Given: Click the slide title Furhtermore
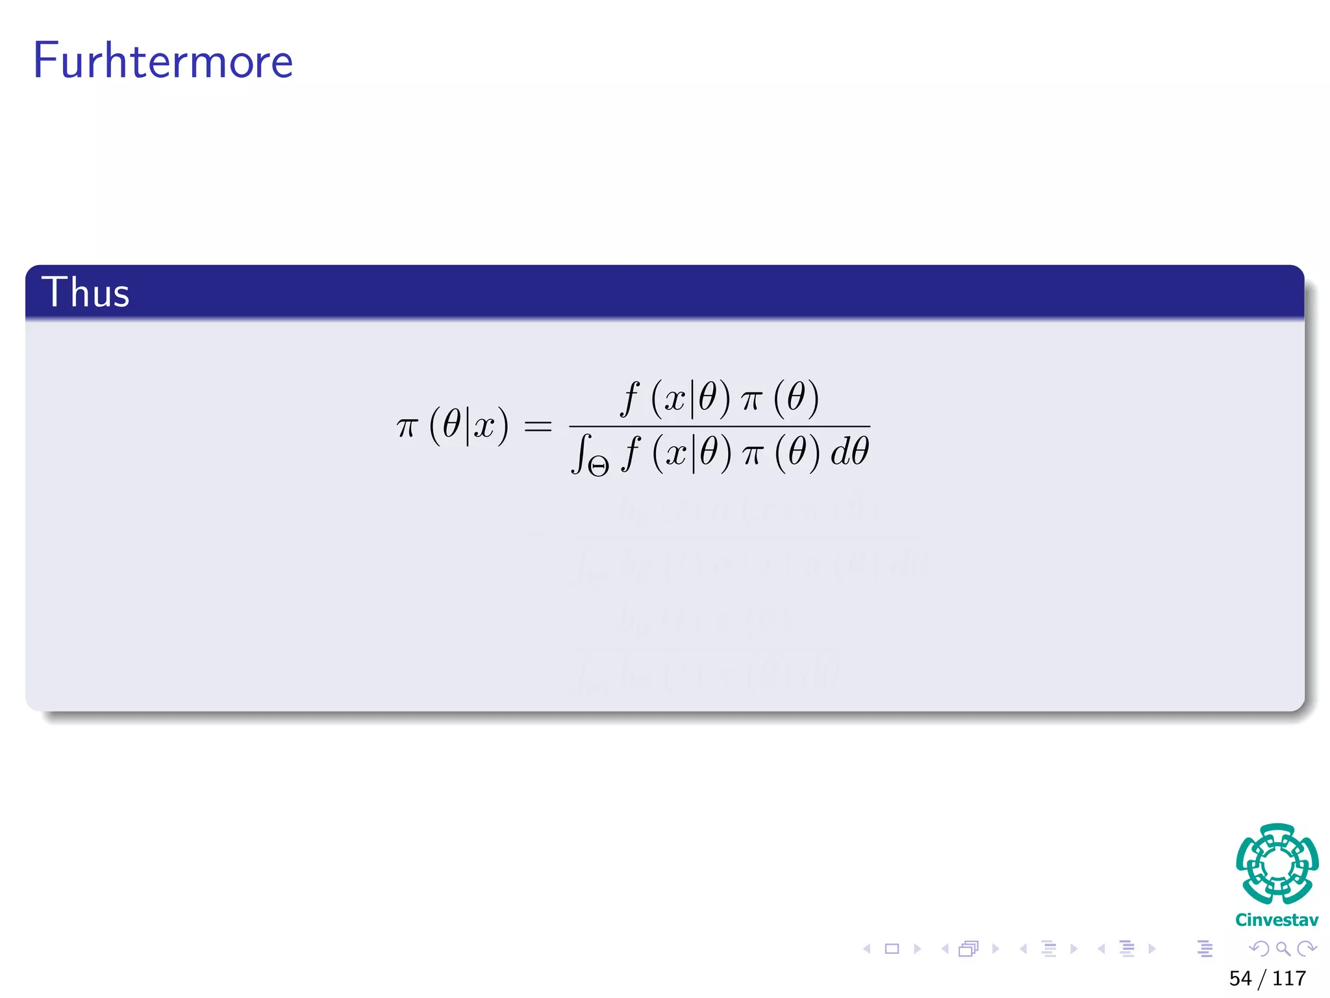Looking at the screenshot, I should click(x=163, y=60).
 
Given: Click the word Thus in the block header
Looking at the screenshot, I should click(x=86, y=292).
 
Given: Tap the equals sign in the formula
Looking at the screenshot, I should click(x=538, y=427).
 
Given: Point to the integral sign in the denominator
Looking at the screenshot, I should click(x=580, y=453).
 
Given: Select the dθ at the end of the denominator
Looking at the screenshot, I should click(x=849, y=452).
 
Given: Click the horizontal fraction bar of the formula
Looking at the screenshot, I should click(x=719, y=427).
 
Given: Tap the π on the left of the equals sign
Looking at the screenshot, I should click(x=407, y=427).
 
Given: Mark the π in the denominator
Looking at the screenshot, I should click(x=752, y=453).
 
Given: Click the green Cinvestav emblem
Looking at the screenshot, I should click(x=1277, y=864).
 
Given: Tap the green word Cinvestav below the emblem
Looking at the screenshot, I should click(x=1277, y=920).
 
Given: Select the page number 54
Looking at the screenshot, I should click(x=1240, y=979).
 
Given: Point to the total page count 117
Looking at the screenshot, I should click(x=1289, y=979).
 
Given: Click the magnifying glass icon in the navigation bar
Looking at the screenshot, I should click(x=1283, y=949).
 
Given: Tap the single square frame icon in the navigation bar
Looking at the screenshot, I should click(x=892, y=949).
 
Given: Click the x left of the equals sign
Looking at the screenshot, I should click(x=484, y=427).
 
